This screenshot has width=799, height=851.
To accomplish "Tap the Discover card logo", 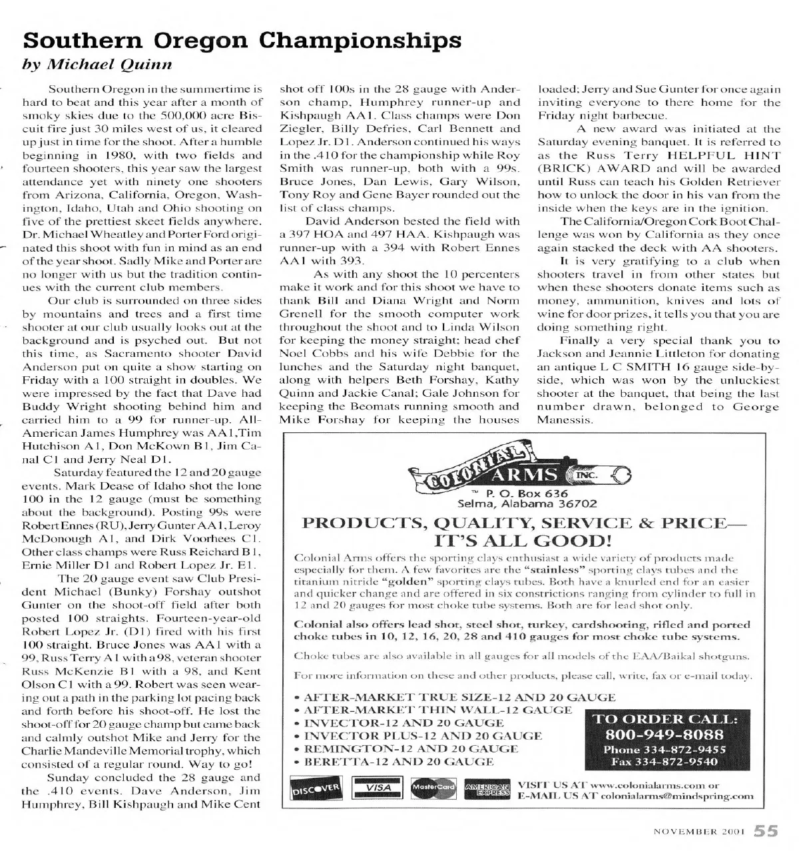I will pyautogui.click(x=316, y=789).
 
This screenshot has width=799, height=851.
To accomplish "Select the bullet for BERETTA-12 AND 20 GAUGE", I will pyautogui.click(x=297, y=761).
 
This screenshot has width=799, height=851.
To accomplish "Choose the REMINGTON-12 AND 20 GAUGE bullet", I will pyautogui.click(x=297, y=748).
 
